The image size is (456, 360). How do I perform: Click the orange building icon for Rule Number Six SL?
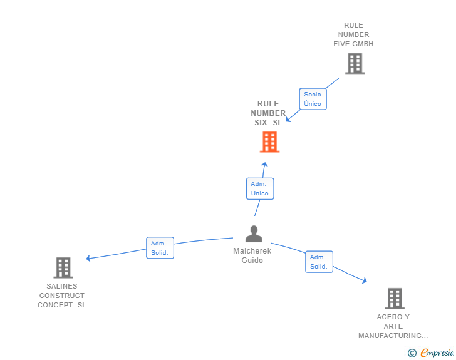tap(269, 142)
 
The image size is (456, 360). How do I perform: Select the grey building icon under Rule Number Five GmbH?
tap(355, 63)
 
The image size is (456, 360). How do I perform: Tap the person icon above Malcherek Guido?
tap(254, 234)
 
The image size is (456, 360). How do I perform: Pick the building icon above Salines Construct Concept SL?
tap(63, 267)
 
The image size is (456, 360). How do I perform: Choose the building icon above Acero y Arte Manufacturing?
tap(395, 299)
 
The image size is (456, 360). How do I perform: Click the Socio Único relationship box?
tap(313, 99)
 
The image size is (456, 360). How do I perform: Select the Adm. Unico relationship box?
tap(260, 188)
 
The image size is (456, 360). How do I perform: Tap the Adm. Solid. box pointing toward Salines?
tap(160, 248)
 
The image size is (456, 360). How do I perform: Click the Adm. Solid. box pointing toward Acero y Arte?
tap(319, 262)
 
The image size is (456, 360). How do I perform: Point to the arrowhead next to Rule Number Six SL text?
tap(288, 119)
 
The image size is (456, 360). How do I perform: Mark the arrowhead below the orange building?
tap(264, 165)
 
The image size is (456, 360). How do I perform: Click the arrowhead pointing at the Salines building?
tap(88, 258)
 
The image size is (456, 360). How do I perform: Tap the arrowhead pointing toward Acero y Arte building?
tap(365, 280)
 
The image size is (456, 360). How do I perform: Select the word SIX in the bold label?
tap(261, 123)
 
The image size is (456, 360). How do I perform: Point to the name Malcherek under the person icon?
tap(252, 250)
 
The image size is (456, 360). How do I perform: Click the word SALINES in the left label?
tap(62, 286)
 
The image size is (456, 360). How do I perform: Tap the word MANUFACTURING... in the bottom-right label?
tap(393, 336)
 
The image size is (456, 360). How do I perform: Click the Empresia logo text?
tap(437, 352)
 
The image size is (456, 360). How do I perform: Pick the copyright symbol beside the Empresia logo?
tap(412, 353)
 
